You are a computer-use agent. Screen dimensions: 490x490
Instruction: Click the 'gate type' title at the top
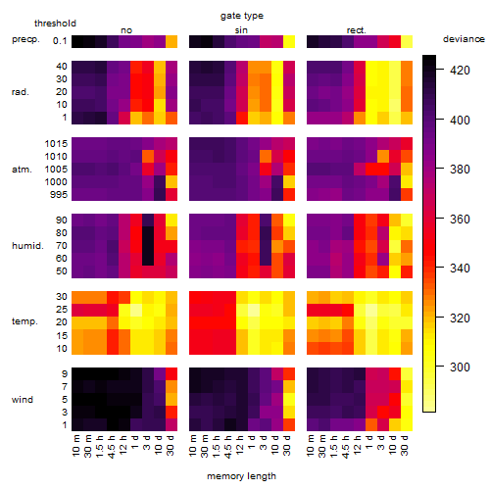click(242, 16)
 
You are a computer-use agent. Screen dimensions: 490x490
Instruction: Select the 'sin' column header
click(241, 30)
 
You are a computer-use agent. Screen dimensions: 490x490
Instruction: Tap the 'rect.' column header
click(356, 30)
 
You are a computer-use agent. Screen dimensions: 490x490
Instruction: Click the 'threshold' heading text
click(55, 24)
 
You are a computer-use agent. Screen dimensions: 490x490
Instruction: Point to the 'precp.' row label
click(25, 39)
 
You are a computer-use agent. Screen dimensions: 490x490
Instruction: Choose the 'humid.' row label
click(27, 245)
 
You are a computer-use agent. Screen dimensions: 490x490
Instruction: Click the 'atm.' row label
click(22, 170)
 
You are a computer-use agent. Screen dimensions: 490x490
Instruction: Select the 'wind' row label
click(23, 399)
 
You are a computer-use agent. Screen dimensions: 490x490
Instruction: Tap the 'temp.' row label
click(24, 321)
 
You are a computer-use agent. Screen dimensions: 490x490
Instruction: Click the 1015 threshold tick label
click(56, 144)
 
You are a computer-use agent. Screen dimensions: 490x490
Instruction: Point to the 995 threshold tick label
click(59, 195)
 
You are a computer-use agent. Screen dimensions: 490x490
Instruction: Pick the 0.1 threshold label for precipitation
click(60, 41)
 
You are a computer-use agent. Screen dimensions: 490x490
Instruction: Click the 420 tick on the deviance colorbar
click(460, 71)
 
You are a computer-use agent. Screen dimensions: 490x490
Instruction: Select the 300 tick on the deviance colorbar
click(460, 367)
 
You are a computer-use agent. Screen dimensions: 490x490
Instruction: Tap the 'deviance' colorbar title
click(464, 39)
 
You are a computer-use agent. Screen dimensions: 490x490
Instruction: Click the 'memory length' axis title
click(241, 476)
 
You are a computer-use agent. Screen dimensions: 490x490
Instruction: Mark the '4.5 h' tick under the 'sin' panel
click(228, 446)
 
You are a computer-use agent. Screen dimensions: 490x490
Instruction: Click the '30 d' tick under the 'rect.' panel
click(404, 445)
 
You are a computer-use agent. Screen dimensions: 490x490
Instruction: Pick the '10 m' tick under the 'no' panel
click(75, 445)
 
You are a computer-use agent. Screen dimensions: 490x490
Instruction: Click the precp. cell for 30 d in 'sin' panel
click(289, 42)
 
